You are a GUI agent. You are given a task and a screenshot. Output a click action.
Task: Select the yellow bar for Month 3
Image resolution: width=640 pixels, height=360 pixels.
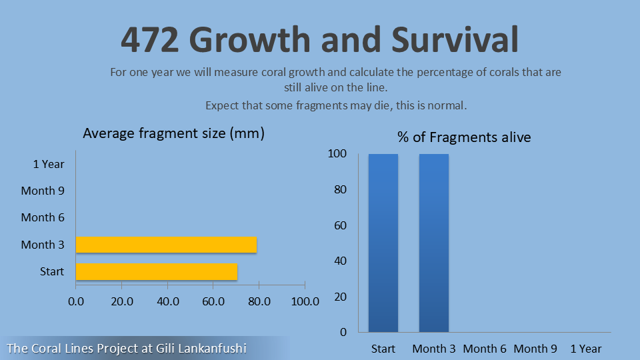(x=166, y=245)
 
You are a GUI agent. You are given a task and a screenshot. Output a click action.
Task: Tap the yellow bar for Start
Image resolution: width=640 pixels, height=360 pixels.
(x=157, y=271)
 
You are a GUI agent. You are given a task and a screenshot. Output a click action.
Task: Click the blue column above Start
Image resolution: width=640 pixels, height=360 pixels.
(x=383, y=243)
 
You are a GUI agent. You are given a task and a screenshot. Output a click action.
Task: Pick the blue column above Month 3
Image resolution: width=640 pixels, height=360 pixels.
(x=433, y=243)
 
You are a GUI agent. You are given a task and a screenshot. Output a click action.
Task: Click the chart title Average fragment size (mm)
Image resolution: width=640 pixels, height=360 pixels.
(x=173, y=133)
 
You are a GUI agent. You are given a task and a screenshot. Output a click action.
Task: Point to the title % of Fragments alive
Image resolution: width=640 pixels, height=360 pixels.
(x=464, y=137)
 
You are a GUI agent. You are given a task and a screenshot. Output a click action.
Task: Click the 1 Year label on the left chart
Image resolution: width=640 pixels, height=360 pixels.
(x=49, y=164)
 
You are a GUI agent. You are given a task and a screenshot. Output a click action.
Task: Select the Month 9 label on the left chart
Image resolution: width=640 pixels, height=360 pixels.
(x=43, y=191)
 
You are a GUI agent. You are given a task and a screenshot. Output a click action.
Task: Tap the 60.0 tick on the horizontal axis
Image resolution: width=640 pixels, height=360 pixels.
(x=213, y=301)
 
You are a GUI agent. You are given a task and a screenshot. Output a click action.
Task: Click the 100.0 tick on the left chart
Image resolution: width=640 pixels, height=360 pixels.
(x=305, y=301)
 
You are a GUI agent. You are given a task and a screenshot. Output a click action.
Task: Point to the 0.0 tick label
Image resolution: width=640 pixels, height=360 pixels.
(x=76, y=301)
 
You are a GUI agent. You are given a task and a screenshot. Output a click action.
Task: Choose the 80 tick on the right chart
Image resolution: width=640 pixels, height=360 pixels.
(x=340, y=189)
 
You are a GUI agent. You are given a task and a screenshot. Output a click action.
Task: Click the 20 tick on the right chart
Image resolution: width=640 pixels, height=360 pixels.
(x=340, y=296)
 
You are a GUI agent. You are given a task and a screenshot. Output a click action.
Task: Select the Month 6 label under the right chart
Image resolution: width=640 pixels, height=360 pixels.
(x=485, y=349)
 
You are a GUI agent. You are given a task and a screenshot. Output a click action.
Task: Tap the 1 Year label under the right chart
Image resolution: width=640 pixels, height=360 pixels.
(x=586, y=349)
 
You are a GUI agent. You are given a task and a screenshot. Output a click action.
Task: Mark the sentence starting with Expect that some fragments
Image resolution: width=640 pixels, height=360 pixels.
(x=336, y=105)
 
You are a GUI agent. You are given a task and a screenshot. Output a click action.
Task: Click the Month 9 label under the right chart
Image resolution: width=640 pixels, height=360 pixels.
(x=535, y=349)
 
